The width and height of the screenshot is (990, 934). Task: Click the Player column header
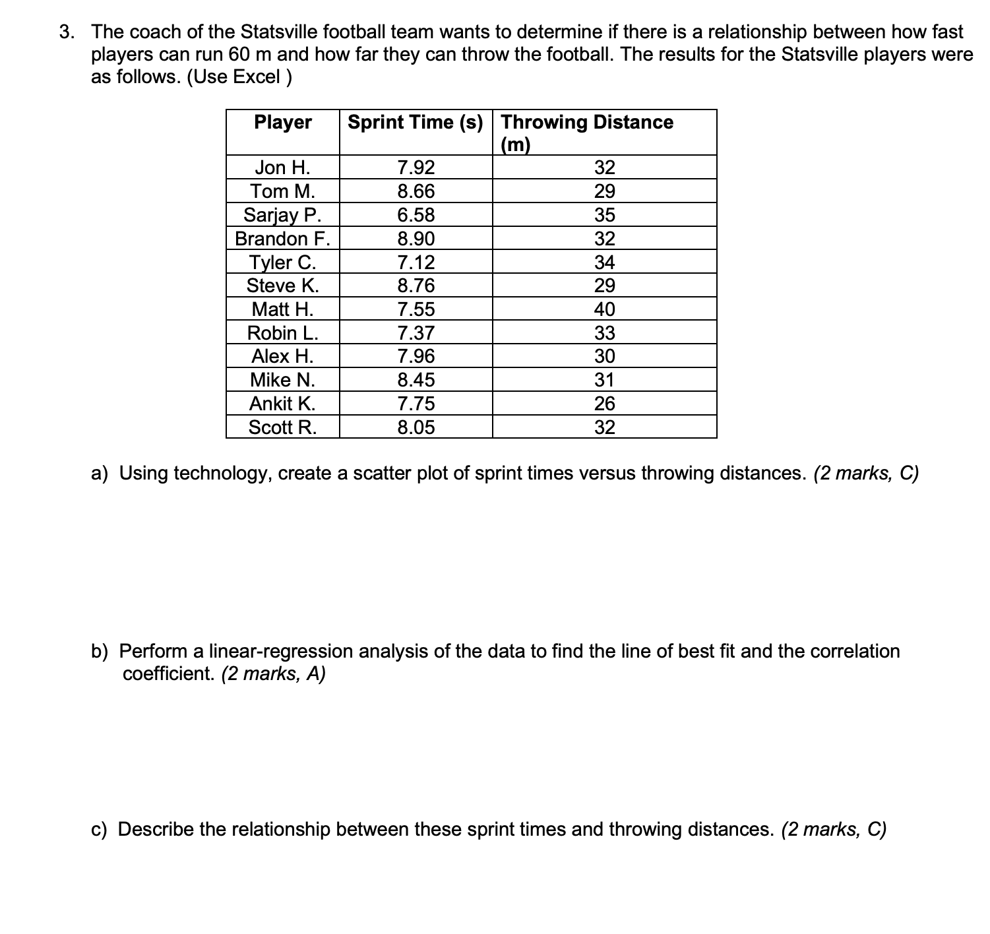tap(283, 122)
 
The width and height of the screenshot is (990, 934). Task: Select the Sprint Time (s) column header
tap(416, 122)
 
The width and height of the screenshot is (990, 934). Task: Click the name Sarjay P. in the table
tap(283, 215)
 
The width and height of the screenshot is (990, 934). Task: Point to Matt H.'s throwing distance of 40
tap(604, 309)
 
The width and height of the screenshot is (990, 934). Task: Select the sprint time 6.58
tap(416, 215)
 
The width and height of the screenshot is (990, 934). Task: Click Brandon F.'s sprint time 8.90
tap(416, 239)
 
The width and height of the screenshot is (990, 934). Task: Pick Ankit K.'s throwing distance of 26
tap(604, 404)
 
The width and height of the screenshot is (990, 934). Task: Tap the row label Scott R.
tap(283, 427)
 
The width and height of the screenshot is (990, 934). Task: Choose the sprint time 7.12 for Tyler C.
tap(416, 263)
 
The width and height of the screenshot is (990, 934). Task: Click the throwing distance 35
tap(604, 215)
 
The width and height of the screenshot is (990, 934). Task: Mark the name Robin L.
tap(283, 333)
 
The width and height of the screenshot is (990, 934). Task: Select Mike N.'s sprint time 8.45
tap(416, 380)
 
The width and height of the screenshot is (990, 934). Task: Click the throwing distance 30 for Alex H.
tap(604, 357)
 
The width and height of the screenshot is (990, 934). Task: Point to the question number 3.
tap(66, 32)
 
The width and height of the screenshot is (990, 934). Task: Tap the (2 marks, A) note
tap(273, 674)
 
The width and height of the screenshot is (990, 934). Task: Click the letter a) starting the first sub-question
tap(100, 474)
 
